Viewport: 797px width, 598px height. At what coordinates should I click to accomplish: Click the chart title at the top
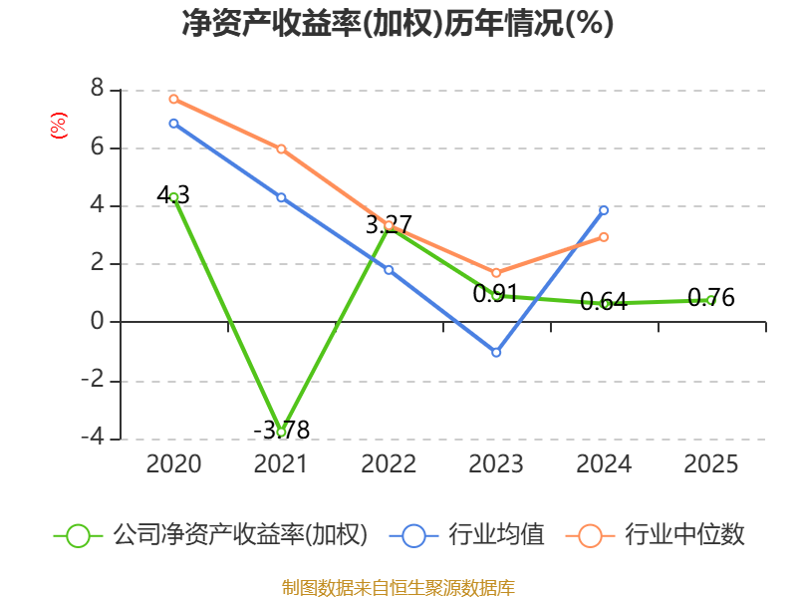pyautogui.click(x=398, y=23)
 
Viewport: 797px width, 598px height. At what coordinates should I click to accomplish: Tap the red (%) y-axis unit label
pyautogui.click(x=59, y=126)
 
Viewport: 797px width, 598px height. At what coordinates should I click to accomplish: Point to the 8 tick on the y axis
pyautogui.click(x=97, y=89)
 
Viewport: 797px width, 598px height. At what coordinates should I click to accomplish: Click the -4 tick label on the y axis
pyautogui.click(x=93, y=438)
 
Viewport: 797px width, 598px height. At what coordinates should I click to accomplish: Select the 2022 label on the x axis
pyautogui.click(x=389, y=463)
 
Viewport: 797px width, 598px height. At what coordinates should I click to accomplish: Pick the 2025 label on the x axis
pyautogui.click(x=710, y=463)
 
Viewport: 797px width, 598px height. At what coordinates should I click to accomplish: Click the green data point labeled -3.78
pyautogui.click(x=281, y=433)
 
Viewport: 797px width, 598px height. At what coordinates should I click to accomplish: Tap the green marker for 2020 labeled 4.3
pyautogui.click(x=173, y=197)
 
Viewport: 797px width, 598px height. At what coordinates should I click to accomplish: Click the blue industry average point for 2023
pyautogui.click(x=496, y=352)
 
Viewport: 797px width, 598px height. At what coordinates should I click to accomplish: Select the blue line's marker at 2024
pyautogui.click(x=604, y=210)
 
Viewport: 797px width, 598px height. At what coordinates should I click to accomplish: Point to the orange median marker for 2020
pyautogui.click(x=173, y=99)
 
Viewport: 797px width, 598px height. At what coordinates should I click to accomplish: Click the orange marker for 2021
pyautogui.click(x=281, y=149)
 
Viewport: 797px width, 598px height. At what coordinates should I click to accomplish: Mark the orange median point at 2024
pyautogui.click(x=604, y=237)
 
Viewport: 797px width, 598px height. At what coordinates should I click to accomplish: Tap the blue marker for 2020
pyautogui.click(x=173, y=123)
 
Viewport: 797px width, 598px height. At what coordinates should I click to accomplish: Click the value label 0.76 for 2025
pyautogui.click(x=710, y=297)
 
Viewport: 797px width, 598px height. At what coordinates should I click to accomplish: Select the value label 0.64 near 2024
pyautogui.click(x=604, y=302)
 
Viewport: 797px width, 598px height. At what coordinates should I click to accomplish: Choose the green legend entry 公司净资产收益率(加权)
pyautogui.click(x=210, y=535)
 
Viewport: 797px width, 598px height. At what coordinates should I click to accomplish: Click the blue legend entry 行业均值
pyautogui.click(x=466, y=535)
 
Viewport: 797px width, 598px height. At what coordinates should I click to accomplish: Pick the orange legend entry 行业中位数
pyautogui.click(x=655, y=535)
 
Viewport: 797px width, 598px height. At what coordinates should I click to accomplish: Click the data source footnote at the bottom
pyautogui.click(x=398, y=588)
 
